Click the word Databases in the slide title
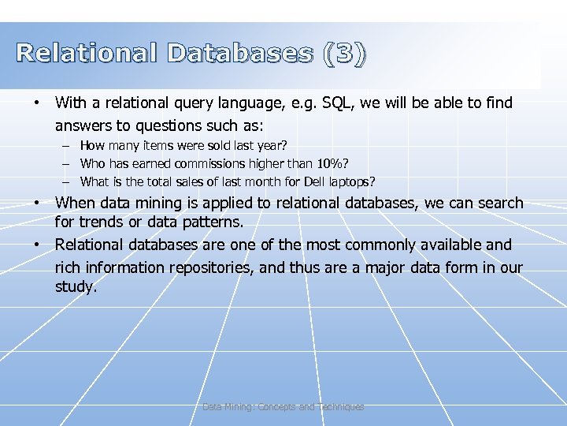(239, 54)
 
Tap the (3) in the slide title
(343, 54)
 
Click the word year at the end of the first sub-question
(270, 145)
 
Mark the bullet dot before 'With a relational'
(36, 103)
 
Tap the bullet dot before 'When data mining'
(36, 204)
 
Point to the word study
(75, 287)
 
